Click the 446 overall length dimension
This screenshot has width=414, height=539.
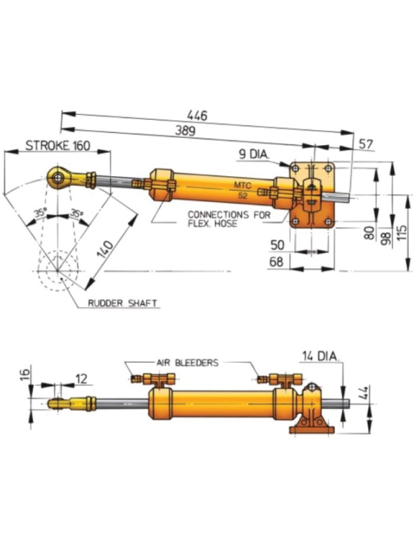198,116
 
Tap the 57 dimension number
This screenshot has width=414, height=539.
365,144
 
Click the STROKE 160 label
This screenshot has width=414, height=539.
57,145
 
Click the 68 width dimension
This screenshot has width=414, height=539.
277,263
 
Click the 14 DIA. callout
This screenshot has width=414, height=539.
320,356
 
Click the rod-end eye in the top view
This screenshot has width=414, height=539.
57,177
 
